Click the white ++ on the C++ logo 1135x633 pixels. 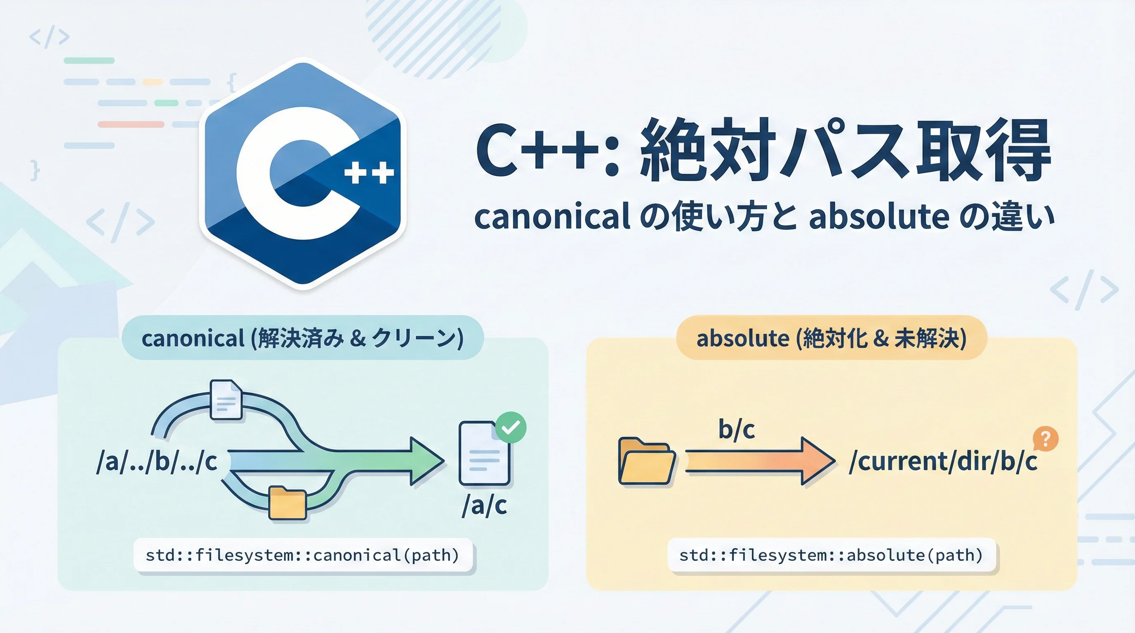369,173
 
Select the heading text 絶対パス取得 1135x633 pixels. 845,150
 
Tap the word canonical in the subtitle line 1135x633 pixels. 552,217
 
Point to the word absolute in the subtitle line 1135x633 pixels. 879,217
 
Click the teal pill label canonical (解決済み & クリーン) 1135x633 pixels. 303,338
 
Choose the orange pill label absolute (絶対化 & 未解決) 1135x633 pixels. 831,338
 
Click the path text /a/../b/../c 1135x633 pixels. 157,462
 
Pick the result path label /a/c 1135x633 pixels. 484,506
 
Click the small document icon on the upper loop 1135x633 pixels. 226,400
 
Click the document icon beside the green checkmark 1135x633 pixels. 484,454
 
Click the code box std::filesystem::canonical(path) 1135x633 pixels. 303,555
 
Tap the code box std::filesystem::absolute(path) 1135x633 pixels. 831,555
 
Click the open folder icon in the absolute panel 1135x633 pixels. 646,461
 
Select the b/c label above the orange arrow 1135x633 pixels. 736,429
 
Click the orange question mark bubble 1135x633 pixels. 1045,439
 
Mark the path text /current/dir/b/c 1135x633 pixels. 943,462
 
